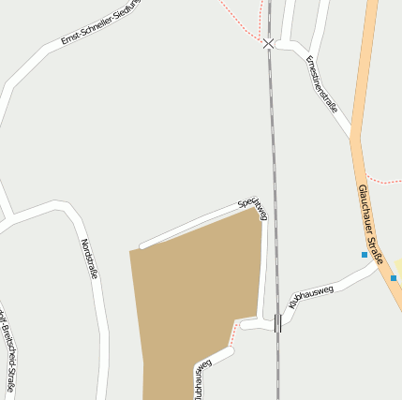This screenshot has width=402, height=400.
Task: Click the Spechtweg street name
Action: (x=253, y=209)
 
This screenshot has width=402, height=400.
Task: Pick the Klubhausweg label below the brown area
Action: (x=200, y=378)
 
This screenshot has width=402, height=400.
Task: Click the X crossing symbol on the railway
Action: (x=269, y=44)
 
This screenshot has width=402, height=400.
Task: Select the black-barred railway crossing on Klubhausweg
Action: (x=277, y=323)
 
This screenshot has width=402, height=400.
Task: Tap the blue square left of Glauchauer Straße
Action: (x=365, y=255)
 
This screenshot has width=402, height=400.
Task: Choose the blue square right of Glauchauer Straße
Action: (x=394, y=277)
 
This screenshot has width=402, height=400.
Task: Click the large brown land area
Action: (x=197, y=290)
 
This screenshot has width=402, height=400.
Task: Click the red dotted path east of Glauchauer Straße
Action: (x=384, y=179)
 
